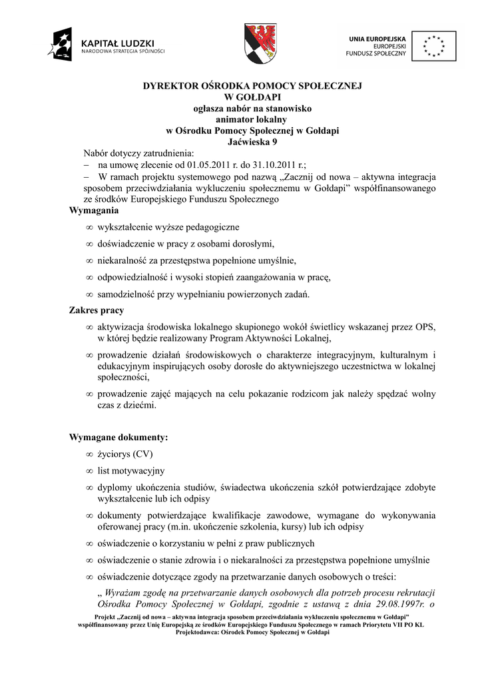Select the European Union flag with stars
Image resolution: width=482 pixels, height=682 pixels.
[433, 45]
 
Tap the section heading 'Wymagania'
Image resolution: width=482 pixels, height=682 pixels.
[94, 210]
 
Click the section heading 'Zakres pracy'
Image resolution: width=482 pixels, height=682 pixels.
[97, 310]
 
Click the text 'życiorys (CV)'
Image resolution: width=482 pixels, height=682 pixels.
[125, 455]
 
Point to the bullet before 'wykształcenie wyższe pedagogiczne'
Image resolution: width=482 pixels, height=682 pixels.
[89, 228]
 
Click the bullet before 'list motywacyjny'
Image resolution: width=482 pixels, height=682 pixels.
[89, 472]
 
